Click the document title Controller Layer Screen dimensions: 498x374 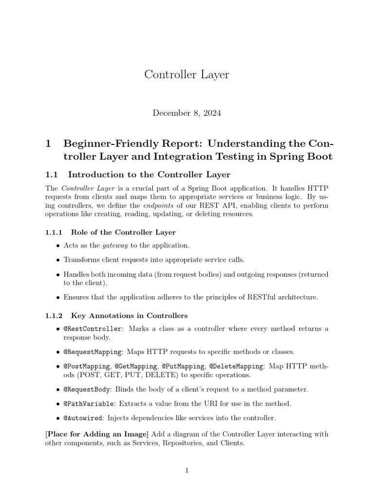187,74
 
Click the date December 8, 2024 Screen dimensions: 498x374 187,113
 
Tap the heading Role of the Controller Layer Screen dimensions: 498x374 123,232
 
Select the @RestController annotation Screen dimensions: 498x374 92,329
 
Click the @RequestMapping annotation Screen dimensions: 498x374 93,352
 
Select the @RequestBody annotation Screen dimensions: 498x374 88,390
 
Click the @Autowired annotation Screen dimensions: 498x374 84,418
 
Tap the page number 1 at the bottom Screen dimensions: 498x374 187,471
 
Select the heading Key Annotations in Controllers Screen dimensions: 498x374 129,316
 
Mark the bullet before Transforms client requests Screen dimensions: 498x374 58,260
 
